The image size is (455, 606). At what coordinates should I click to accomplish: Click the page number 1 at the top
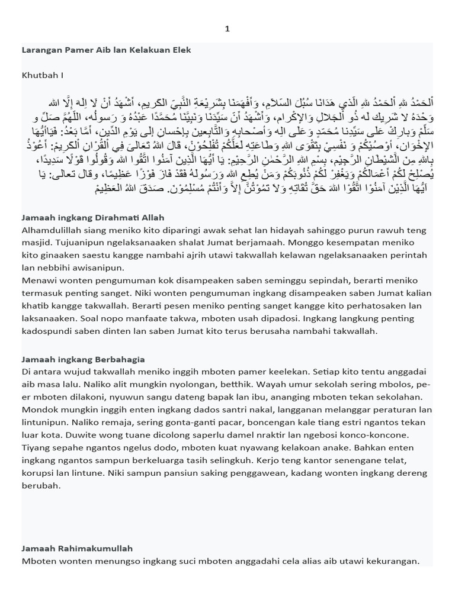point(227,28)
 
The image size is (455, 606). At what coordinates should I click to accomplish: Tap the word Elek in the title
point(181,50)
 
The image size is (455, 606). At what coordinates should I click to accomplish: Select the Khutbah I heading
point(42,75)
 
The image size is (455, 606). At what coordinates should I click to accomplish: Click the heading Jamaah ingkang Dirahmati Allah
point(93,218)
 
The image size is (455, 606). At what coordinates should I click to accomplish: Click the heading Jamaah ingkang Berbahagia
point(84,359)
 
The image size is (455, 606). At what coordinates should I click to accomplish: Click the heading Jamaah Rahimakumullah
point(77,549)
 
